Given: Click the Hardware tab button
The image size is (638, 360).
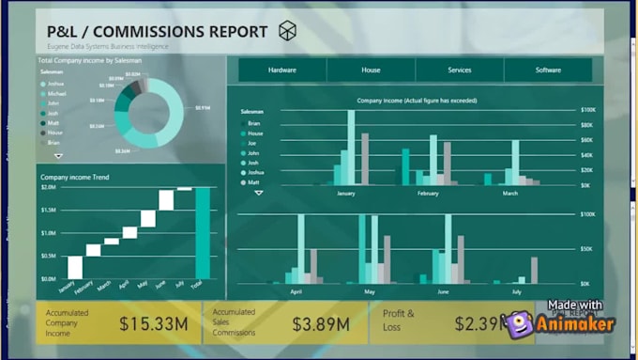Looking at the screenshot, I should (x=282, y=70).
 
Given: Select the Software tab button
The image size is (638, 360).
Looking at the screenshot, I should (x=548, y=70).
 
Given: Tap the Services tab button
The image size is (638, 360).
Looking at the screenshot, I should (x=460, y=70).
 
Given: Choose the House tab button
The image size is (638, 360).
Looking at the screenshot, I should (x=371, y=70).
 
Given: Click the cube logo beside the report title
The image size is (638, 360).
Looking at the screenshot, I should (x=287, y=32).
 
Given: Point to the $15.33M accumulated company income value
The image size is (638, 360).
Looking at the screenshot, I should (x=154, y=325).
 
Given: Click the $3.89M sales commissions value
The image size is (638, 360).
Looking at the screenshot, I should (x=321, y=325).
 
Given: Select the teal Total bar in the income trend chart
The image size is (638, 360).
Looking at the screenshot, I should (x=203, y=233).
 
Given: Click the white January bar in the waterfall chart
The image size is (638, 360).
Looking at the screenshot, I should (x=75, y=268).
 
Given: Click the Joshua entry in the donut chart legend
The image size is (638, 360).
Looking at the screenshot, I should (x=57, y=84).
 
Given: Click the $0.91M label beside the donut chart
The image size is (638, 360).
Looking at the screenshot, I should (x=202, y=108).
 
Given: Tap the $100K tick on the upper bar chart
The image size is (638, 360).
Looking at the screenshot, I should (x=587, y=110).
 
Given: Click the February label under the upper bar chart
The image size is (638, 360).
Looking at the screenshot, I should (x=427, y=193).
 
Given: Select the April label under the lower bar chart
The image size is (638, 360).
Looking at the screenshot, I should (x=296, y=292).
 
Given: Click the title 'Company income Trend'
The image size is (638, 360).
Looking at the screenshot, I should (x=74, y=177).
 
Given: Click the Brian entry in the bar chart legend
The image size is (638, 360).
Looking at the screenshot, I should (x=254, y=123).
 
